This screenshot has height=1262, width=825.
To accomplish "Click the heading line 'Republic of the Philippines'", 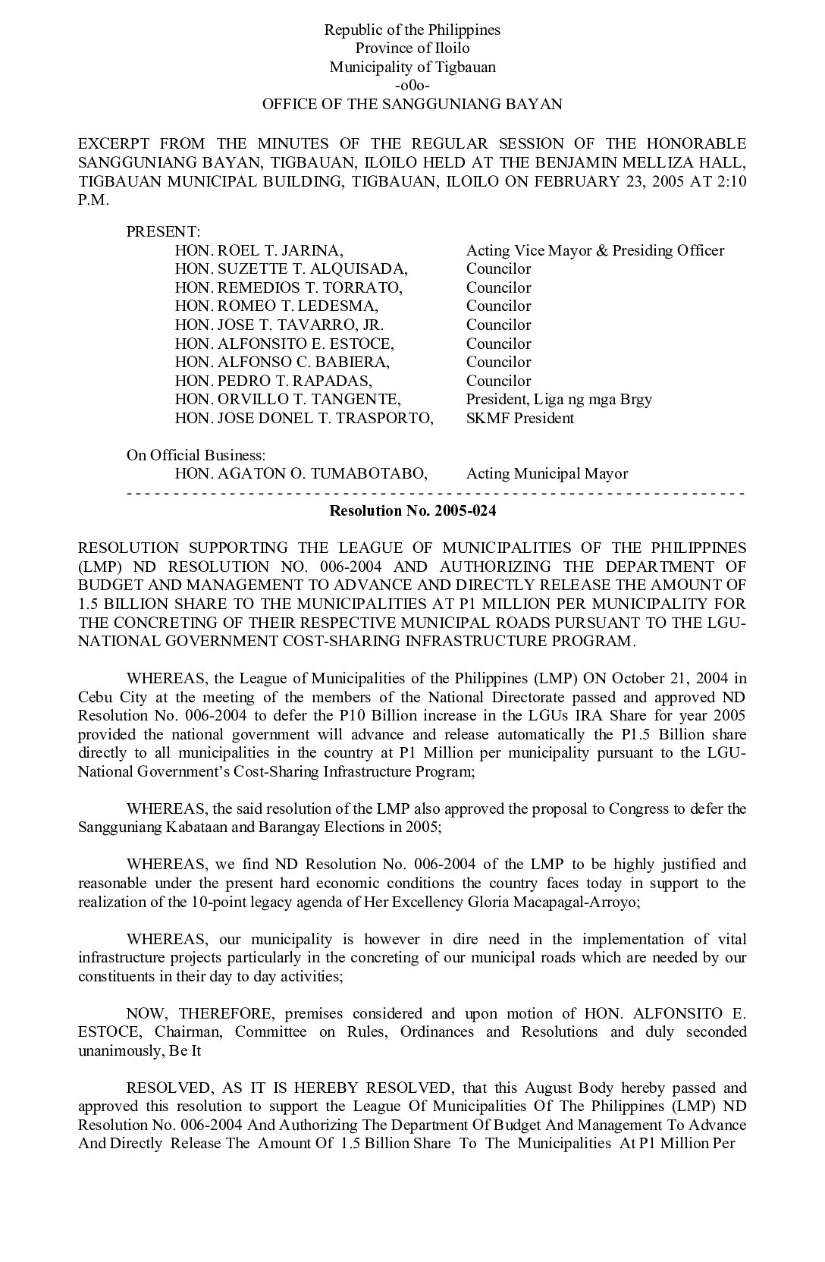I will coord(412,30).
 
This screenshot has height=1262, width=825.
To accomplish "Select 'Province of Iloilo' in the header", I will coord(412,49).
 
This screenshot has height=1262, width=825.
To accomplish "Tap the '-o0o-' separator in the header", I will coord(412,86).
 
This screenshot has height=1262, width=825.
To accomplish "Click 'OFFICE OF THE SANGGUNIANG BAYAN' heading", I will coord(412,105).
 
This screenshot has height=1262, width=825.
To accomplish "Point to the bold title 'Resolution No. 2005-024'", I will coord(412,510).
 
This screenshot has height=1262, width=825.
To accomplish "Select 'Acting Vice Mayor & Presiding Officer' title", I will coord(595,250).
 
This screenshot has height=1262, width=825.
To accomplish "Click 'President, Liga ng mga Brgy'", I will coord(559,400).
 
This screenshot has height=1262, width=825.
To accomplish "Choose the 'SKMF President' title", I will coord(520,418).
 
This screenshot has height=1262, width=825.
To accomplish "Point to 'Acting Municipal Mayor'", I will coord(547,474).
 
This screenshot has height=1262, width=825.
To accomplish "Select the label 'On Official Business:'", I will coord(196,455).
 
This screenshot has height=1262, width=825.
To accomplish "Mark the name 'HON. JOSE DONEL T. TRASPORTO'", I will coord(304,418).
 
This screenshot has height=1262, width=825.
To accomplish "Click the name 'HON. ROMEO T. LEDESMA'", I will coord(276,306).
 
